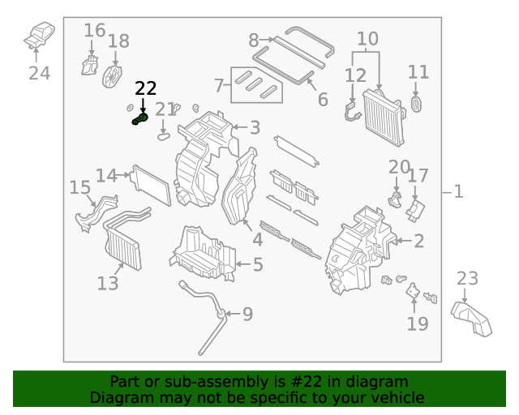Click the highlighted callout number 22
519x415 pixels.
click(146, 88)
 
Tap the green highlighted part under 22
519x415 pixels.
click(139, 120)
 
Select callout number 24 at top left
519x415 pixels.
click(39, 74)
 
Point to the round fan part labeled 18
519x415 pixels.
click(113, 75)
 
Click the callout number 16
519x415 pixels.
click(95, 31)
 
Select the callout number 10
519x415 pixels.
click(367, 38)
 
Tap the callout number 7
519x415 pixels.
click(218, 84)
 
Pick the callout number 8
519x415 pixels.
click(254, 40)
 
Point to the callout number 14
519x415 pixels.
click(106, 176)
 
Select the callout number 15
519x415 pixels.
click(79, 188)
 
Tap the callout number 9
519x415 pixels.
click(247, 314)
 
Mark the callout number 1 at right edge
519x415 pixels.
click(458, 191)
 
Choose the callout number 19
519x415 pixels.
click(418, 324)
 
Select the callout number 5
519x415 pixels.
click(257, 264)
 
